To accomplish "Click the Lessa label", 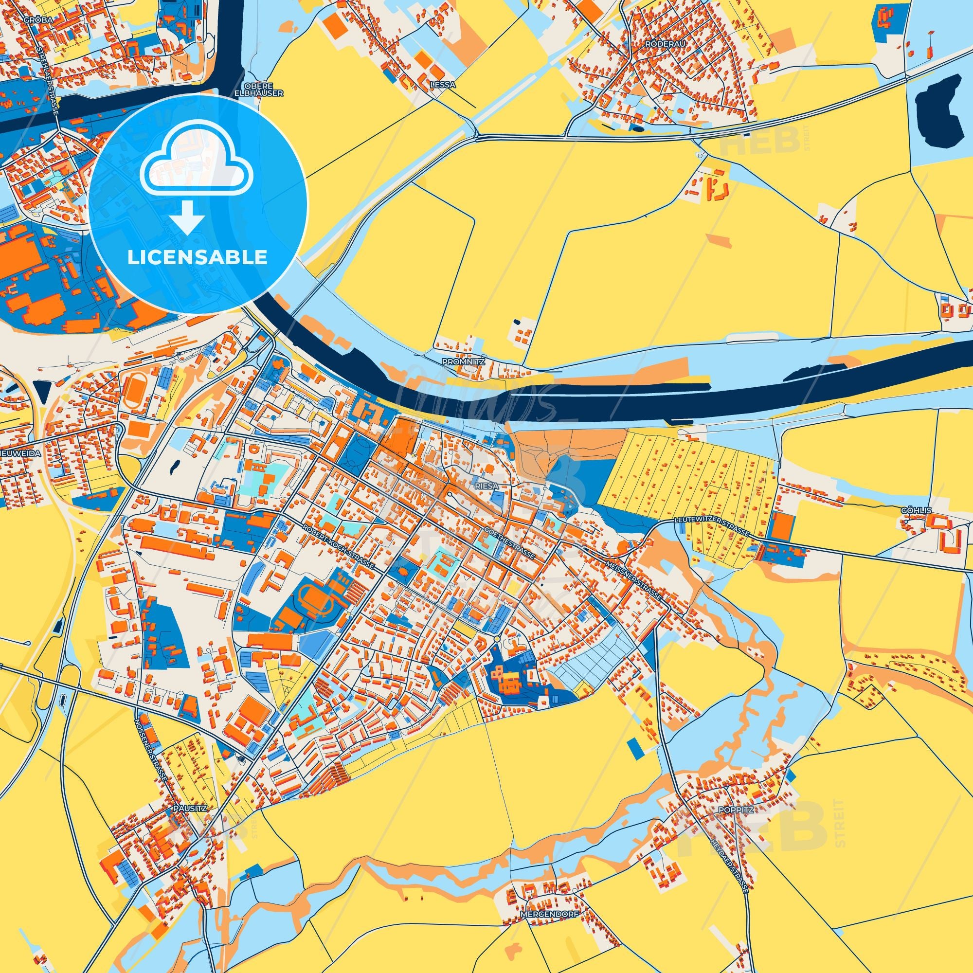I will [443, 85].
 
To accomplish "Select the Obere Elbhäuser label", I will [259, 90].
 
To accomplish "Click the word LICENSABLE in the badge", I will [198, 258].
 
